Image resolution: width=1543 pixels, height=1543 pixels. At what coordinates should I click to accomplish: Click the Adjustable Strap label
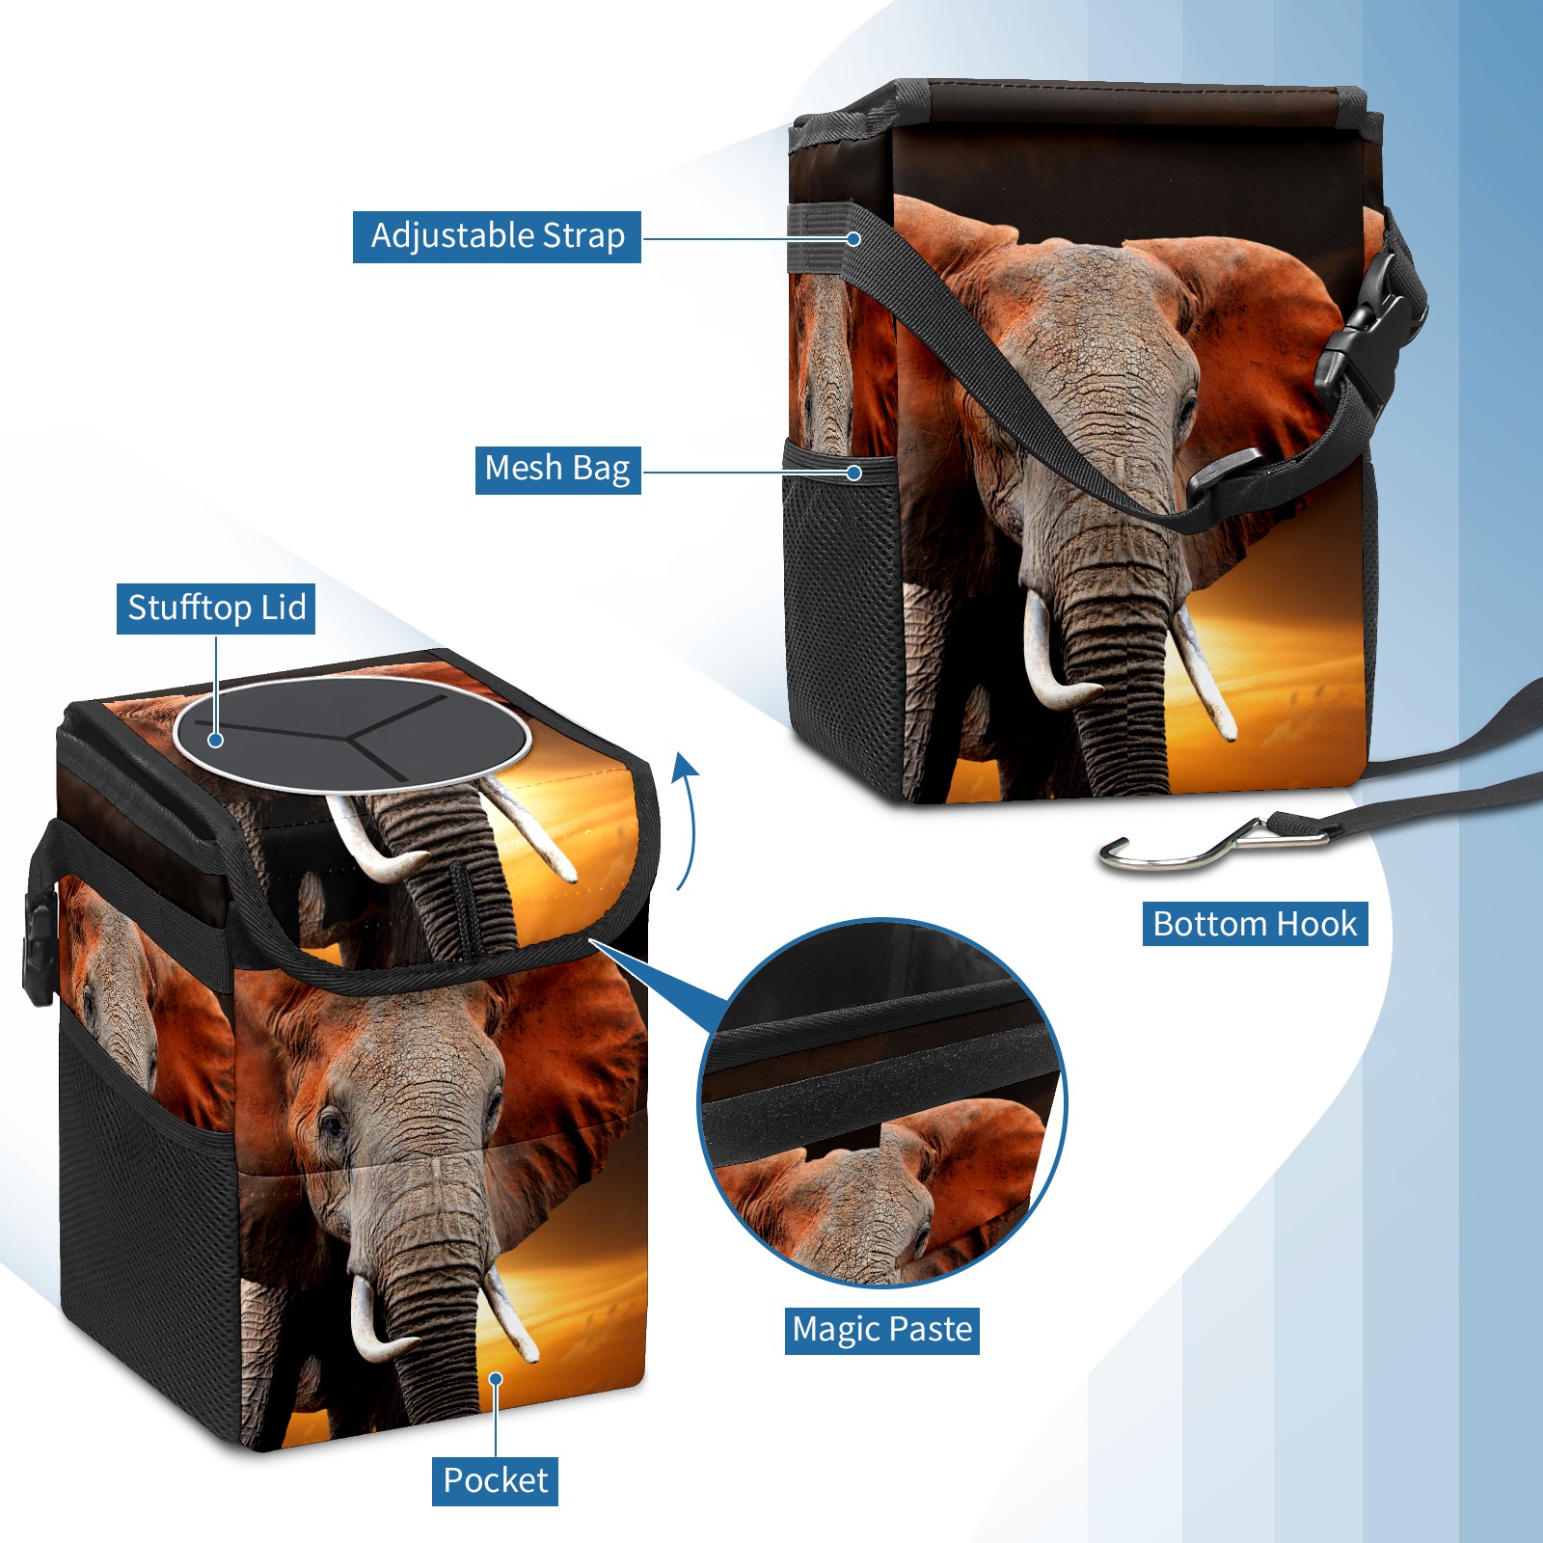tap(497, 236)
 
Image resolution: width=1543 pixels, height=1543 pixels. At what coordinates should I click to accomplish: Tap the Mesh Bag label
tap(557, 469)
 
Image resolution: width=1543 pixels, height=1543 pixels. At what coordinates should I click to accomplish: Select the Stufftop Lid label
tap(216, 609)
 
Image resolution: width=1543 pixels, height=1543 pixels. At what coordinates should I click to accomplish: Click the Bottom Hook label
tap(1255, 924)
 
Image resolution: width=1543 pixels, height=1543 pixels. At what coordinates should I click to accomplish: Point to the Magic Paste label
tap(881, 1330)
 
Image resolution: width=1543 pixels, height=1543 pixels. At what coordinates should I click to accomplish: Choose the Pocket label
tap(495, 1480)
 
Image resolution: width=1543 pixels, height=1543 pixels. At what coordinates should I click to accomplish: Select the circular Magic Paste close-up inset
tap(881, 1101)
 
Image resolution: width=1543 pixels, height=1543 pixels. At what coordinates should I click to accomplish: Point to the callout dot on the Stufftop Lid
tap(216, 740)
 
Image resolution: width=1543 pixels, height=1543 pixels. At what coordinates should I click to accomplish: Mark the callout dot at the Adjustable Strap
tap(853, 238)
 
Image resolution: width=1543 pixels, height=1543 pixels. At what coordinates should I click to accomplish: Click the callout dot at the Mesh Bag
tap(853, 473)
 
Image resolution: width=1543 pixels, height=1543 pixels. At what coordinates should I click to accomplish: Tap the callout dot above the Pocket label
tap(496, 1379)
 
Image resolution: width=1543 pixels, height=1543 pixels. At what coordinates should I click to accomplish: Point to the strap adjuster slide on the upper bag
tap(1225, 477)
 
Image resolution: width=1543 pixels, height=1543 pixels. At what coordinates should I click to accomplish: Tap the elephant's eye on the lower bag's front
tap(331, 1123)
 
